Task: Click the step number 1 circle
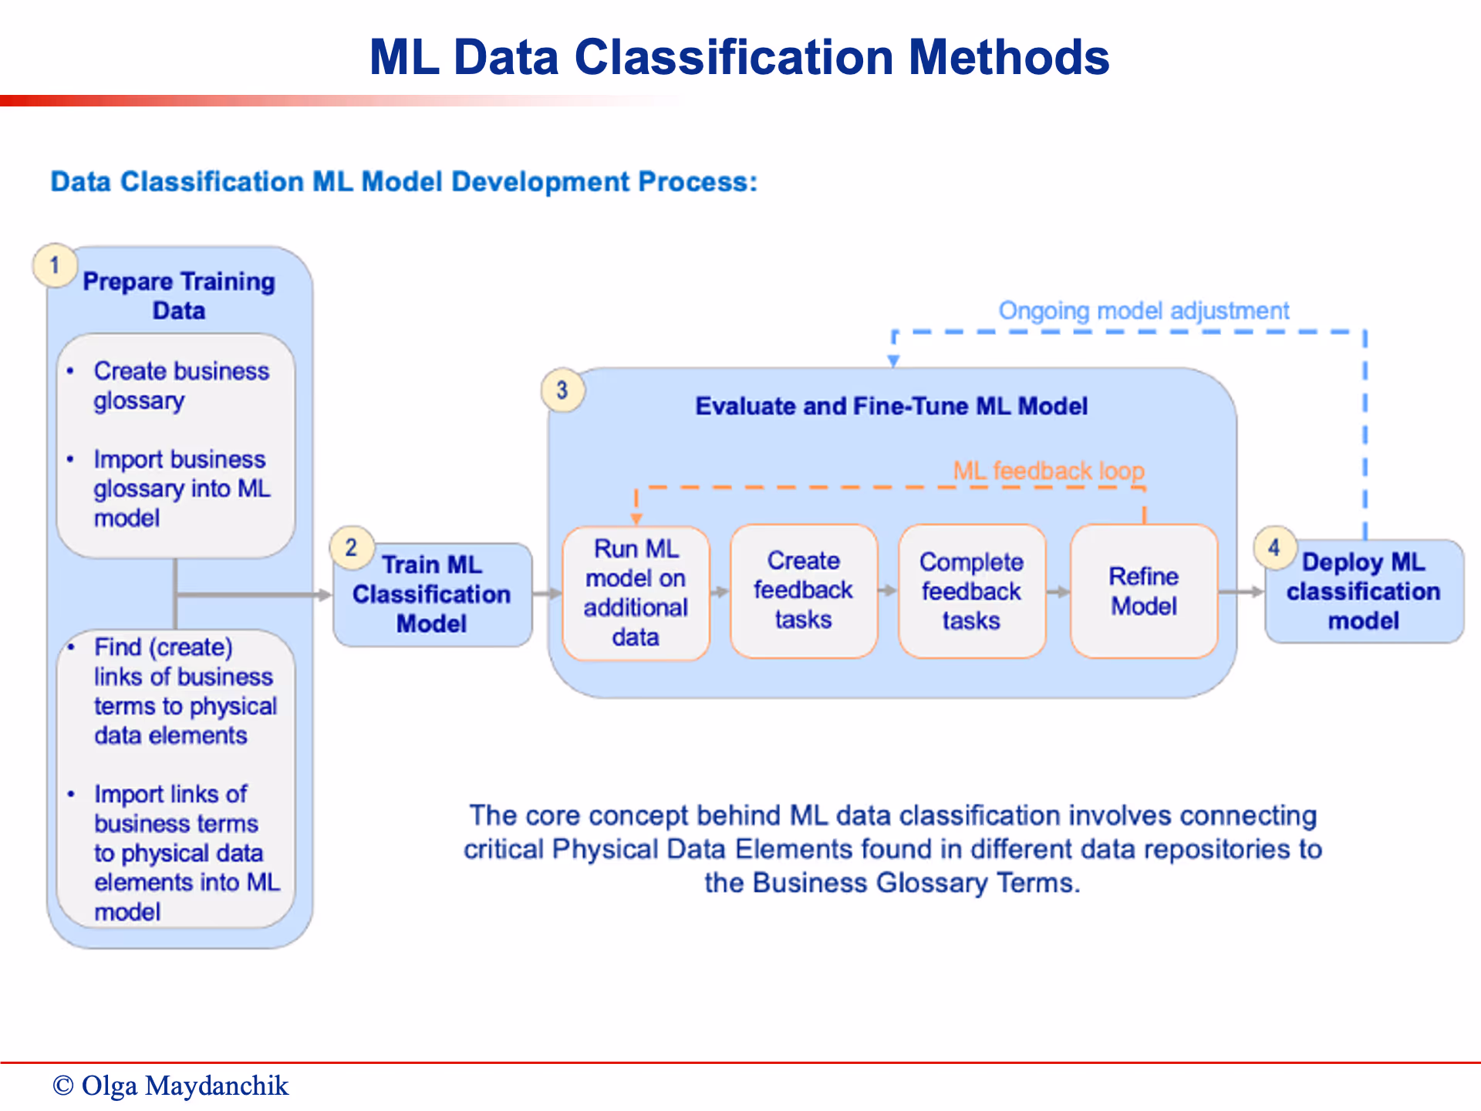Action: pos(54,265)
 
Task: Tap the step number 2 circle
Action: pos(352,548)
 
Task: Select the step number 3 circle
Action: pos(562,390)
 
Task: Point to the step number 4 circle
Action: pos(1274,548)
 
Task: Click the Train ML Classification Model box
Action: pos(432,594)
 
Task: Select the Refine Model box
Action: pos(1144,591)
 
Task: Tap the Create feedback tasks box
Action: pos(803,591)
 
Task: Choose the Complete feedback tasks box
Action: pos(971,591)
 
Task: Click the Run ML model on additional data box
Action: pos(636,593)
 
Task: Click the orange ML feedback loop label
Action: pos(1048,471)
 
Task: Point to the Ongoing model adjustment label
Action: pos(1144,311)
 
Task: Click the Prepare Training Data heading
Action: pos(179,296)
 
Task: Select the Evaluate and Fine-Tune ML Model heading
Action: pos(891,407)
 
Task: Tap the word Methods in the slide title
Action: pos(1009,58)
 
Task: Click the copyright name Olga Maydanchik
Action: pos(184,1086)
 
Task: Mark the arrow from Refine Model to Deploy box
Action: pos(1241,592)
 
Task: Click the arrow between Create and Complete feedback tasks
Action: pos(888,591)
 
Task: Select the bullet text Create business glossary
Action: pos(181,386)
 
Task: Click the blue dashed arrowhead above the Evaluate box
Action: pos(893,360)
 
